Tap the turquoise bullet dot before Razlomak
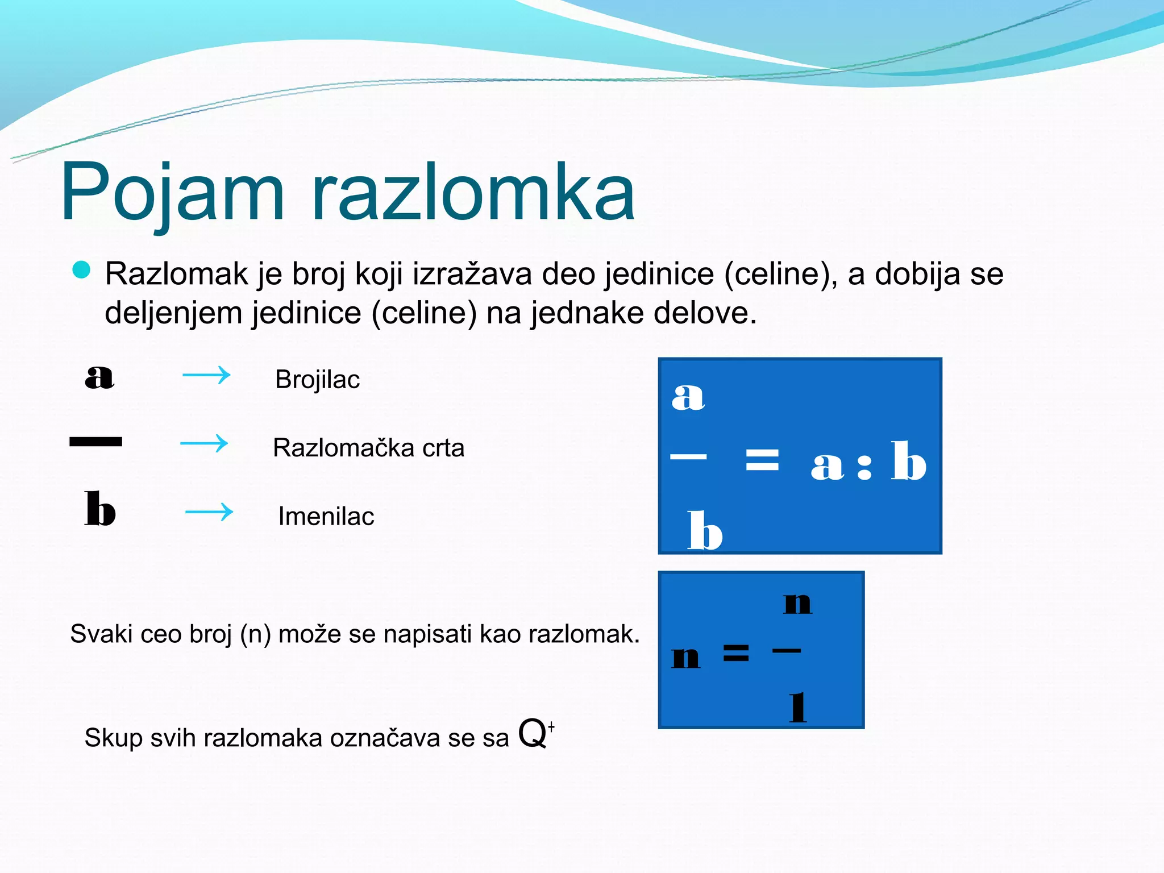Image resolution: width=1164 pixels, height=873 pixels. pos(82,270)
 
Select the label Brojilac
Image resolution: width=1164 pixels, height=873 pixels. pos(317,380)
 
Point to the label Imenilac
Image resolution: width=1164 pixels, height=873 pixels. pos(326,517)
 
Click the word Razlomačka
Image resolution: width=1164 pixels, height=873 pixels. pos(343,448)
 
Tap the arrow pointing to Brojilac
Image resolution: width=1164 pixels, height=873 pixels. pos(206,375)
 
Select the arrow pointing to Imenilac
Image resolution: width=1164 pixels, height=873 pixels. pos(209,512)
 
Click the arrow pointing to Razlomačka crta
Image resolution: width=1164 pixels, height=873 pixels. pos(204,443)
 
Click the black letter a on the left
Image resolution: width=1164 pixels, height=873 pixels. pos(99,377)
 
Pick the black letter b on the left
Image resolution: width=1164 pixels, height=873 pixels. pos(99,509)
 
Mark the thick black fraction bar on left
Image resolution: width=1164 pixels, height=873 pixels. pos(95,442)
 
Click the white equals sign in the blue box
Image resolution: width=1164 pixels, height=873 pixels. pos(762,459)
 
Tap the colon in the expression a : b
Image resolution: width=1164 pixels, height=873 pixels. pos(864,466)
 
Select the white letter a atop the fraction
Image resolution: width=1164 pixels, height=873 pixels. pos(688,396)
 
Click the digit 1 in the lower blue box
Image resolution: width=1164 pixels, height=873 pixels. pos(798,707)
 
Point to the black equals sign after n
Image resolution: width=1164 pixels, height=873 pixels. pos(736,652)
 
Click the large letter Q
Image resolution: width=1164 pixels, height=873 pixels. pos(533,734)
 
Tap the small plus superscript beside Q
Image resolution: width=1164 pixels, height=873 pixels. pos(551,726)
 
